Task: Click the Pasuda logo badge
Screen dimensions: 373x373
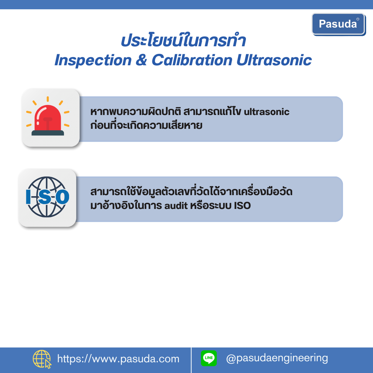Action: pyautogui.click(x=338, y=24)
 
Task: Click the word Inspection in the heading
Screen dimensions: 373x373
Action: pyautogui.click(x=93, y=60)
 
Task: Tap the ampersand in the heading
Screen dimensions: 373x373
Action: pyautogui.click(x=142, y=60)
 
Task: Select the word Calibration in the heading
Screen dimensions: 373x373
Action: pyautogui.click(x=192, y=60)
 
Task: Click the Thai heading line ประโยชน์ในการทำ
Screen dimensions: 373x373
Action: pyautogui.click(x=183, y=40)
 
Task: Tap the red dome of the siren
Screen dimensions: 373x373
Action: pyautogui.click(x=48, y=118)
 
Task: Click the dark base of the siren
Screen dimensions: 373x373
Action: pyautogui.click(x=48, y=133)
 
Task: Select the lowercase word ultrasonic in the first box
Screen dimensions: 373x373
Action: pyautogui.click(x=267, y=112)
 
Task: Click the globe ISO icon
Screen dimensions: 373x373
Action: pyautogui.click(x=47, y=197)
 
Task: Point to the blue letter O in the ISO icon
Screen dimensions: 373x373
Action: pyautogui.click(x=62, y=197)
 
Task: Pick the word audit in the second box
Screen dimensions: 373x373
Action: pyautogui.click(x=176, y=205)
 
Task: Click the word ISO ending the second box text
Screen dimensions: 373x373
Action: pyautogui.click(x=242, y=205)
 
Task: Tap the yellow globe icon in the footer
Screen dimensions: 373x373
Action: pyautogui.click(x=42, y=359)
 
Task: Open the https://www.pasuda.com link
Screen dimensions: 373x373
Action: pyautogui.click(x=118, y=359)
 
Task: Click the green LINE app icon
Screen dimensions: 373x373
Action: pyautogui.click(x=209, y=358)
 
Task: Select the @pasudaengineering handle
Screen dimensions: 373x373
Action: pyautogui.click(x=277, y=358)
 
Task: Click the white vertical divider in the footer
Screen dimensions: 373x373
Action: pyautogui.click(x=191, y=360)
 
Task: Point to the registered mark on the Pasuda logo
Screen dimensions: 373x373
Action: pyautogui.click(x=357, y=19)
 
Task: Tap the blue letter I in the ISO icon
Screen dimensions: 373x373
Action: pyautogui.click(x=28, y=197)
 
